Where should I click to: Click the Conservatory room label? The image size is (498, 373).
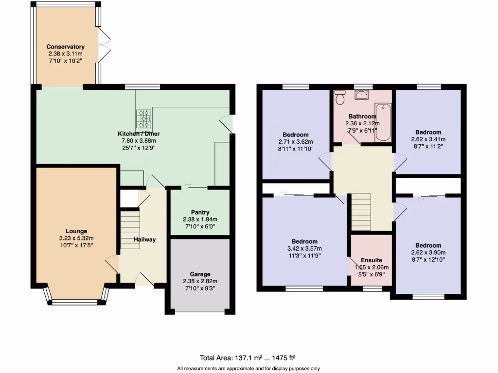65,47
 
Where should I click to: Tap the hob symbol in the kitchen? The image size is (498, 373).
143,117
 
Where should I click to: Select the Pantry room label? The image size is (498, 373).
200,212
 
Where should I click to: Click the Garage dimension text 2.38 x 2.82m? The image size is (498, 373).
200,281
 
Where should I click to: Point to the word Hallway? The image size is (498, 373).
144,239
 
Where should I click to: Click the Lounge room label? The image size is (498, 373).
76,231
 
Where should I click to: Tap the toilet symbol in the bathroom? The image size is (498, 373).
340,97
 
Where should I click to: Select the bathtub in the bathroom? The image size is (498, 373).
383,122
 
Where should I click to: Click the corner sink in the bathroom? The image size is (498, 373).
361,95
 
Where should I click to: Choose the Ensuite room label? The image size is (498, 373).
371,260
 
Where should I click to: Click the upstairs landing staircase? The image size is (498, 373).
361,212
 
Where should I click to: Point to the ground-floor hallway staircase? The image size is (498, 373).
130,229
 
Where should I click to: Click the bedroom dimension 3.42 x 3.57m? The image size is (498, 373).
304,248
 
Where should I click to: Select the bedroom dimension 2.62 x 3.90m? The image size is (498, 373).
428,253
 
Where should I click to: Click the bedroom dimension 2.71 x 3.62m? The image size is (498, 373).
296,142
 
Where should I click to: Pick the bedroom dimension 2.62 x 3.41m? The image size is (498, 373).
428,139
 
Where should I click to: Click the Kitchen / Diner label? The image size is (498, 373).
139,134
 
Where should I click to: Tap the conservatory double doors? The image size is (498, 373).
104,45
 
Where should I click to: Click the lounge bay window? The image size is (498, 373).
76,302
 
